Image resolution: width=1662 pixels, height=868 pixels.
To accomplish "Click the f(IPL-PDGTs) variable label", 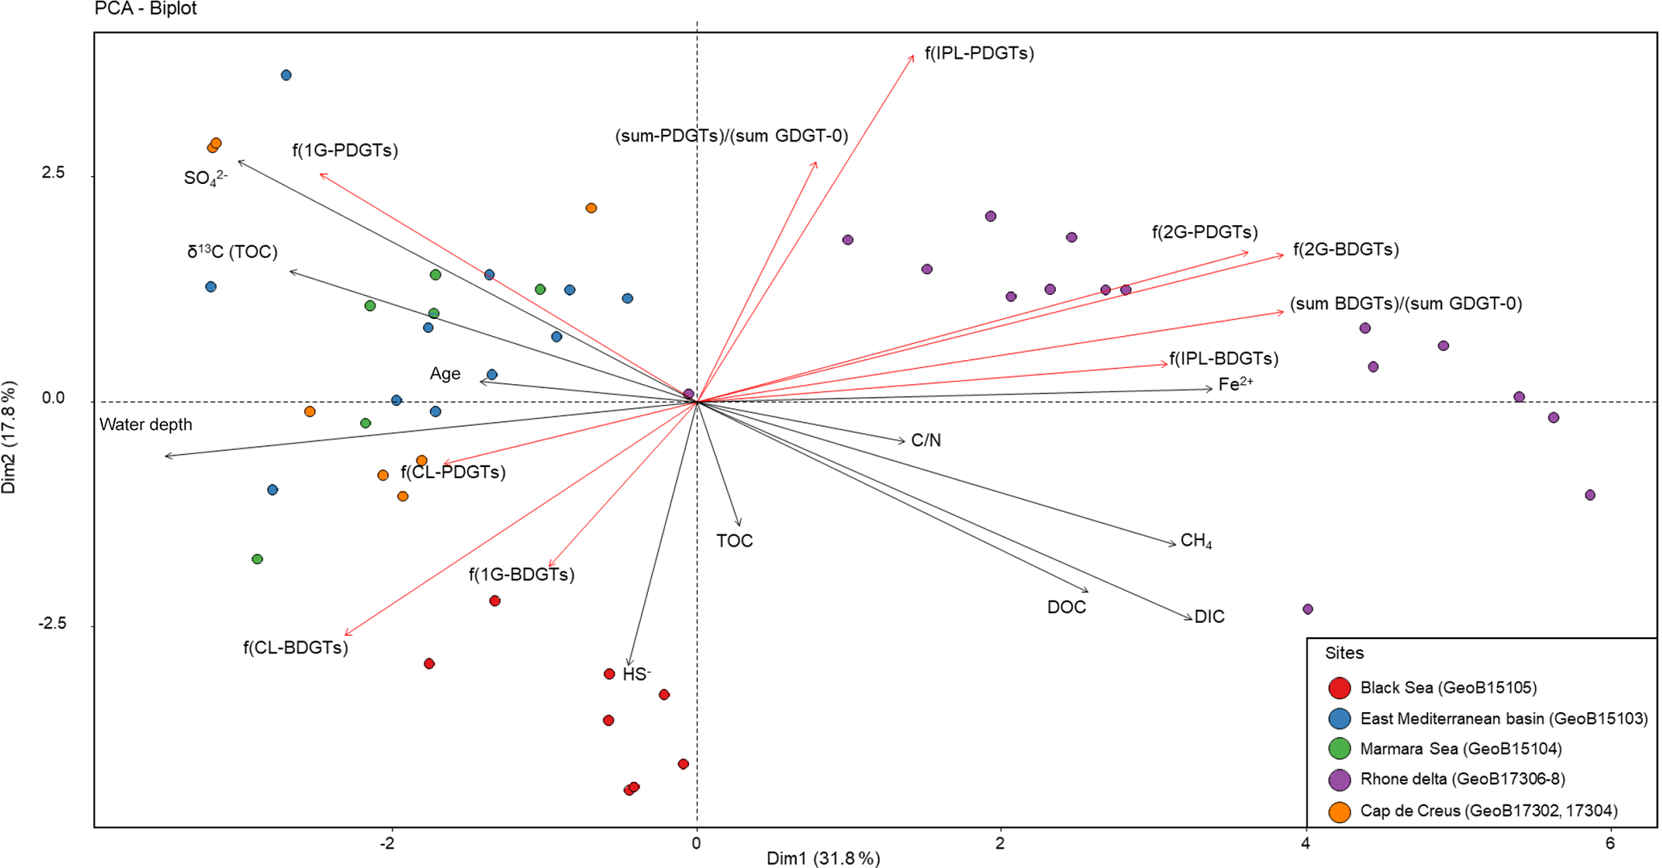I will pyautogui.click(x=979, y=54).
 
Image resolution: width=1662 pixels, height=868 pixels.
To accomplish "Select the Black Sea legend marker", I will pyautogui.click(x=1339, y=688).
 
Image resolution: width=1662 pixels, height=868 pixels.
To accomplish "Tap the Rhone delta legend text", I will pyautogui.click(x=1462, y=779).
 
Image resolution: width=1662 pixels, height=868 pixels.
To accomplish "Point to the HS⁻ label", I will pyautogui.click(x=636, y=674).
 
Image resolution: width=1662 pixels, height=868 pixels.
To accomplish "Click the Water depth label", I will pyautogui.click(x=146, y=424).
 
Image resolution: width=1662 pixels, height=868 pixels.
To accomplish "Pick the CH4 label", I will pyautogui.click(x=1196, y=541).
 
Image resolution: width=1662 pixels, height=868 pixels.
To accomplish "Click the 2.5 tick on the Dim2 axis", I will pyautogui.click(x=53, y=174).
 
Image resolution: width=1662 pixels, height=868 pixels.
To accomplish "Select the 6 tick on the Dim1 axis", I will pyautogui.click(x=1610, y=843).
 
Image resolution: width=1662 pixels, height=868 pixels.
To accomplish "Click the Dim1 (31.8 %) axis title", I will pyautogui.click(x=823, y=858).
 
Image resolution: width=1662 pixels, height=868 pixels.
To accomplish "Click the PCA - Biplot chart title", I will pyautogui.click(x=146, y=9).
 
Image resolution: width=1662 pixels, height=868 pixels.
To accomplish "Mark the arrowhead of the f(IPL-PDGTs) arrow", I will pyautogui.click(x=913, y=55).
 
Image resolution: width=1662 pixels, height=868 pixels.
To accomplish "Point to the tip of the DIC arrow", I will pyautogui.click(x=1192, y=619).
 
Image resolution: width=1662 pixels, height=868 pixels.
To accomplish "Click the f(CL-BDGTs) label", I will pyautogui.click(x=295, y=648).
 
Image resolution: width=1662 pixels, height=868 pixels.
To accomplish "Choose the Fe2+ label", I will pyautogui.click(x=1235, y=384).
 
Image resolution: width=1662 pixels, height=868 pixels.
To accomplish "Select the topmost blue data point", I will pyautogui.click(x=286, y=76).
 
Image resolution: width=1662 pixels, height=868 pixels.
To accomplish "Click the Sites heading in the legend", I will pyautogui.click(x=1344, y=653).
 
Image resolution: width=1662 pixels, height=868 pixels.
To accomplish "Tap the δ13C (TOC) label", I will pyautogui.click(x=232, y=252).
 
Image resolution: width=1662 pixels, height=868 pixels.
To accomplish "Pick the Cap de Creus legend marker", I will pyautogui.click(x=1339, y=812).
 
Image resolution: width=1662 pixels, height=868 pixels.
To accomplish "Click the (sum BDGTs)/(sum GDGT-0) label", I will pyautogui.click(x=1406, y=304).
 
